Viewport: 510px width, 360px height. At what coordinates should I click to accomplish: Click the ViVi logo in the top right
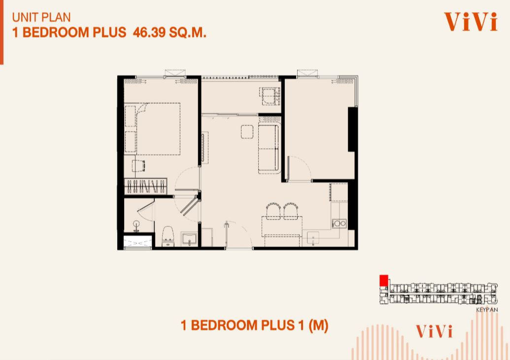[471, 22]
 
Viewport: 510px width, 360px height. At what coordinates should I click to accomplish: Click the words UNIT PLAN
[41, 17]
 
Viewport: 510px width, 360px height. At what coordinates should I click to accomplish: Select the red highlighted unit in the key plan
[384, 280]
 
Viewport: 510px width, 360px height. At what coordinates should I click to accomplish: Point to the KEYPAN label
[486, 310]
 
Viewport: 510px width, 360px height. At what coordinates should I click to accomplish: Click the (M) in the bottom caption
[318, 325]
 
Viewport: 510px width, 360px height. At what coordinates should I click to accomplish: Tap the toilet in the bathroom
[168, 236]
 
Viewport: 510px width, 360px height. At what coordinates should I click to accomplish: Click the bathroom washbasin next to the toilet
[190, 239]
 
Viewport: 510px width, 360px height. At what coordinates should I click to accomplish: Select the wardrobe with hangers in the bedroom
[145, 186]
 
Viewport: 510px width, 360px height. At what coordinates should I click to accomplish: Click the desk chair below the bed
[139, 166]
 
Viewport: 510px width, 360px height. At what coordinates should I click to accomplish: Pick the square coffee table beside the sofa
[247, 132]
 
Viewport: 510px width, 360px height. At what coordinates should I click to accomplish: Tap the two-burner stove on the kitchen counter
[339, 223]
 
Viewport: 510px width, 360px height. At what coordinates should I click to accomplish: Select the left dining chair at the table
[273, 211]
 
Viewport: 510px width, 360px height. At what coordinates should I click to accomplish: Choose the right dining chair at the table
[291, 211]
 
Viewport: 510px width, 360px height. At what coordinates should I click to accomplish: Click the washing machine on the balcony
[270, 96]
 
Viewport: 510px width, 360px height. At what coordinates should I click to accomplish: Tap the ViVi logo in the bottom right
[434, 331]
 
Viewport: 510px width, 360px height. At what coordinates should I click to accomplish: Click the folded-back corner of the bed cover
[142, 108]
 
